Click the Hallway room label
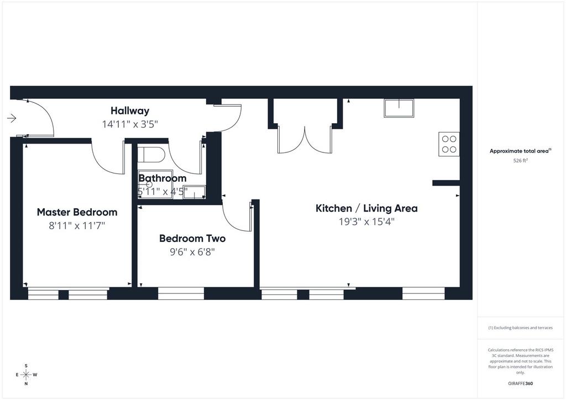(130, 110)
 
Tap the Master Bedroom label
(77, 212)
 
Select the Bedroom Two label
(192, 239)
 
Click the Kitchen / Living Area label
(367, 208)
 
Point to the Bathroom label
(163, 178)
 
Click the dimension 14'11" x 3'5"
(130, 124)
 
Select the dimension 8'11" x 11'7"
(77, 226)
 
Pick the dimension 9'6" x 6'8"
(192, 252)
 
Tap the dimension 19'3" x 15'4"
(367, 222)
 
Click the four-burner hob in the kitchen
(449, 144)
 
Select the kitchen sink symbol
(399, 108)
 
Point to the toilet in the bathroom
(151, 154)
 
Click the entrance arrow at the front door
(12, 118)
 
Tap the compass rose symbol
(27, 375)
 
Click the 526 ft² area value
(520, 161)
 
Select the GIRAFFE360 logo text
(520, 383)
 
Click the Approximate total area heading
(520, 151)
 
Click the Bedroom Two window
(181, 293)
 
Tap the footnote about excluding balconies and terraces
(520, 328)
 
